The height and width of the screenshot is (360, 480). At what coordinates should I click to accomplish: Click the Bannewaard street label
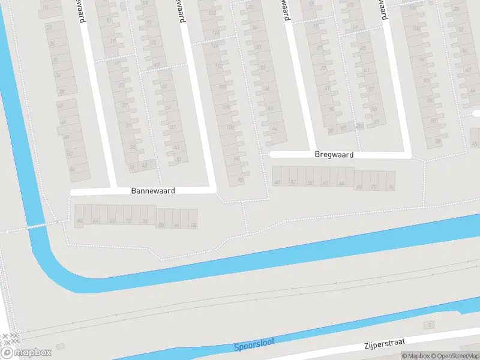(153, 191)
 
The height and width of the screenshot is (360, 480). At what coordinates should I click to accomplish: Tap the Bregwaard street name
(334, 154)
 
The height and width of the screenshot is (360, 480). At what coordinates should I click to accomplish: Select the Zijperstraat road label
(384, 344)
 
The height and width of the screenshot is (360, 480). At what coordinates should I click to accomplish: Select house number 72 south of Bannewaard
(128, 221)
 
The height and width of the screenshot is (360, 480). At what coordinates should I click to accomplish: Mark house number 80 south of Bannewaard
(161, 225)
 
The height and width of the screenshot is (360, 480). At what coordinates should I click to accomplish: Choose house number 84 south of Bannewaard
(176, 225)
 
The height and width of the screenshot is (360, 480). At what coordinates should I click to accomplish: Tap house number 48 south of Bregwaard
(277, 182)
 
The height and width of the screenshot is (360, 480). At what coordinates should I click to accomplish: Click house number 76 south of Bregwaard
(391, 187)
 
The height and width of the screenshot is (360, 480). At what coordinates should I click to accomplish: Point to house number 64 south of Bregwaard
(341, 183)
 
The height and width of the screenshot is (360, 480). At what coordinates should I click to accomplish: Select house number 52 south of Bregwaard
(293, 182)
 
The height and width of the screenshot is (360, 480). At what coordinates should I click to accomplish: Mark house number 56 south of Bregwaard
(309, 182)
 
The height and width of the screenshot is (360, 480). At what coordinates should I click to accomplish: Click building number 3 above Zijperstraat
(428, 325)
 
